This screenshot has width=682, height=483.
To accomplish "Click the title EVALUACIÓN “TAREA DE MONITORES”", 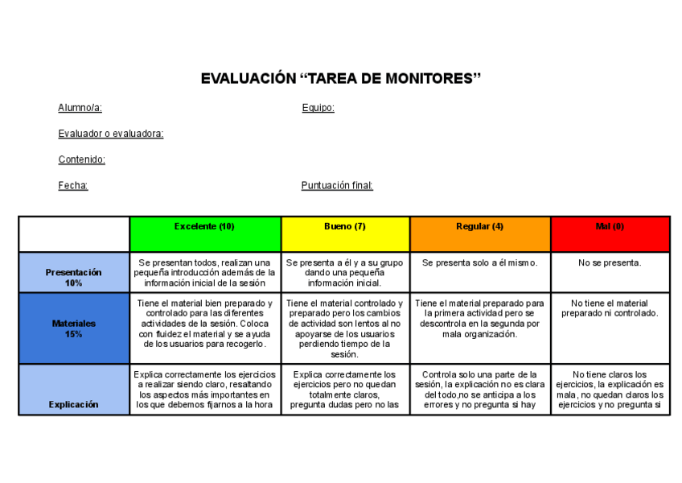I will [340, 79].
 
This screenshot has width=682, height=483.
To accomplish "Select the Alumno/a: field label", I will [80, 108].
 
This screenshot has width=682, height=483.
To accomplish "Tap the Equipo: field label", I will [318, 108].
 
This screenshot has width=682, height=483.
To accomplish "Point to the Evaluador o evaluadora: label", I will [110, 134].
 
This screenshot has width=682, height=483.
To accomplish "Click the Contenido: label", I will [81, 159].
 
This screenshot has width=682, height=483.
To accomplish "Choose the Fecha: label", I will [72, 185].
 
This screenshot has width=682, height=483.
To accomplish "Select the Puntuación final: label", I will [337, 185].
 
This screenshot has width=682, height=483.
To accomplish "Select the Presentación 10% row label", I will [74, 278].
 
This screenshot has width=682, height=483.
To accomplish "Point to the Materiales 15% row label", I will [74, 328].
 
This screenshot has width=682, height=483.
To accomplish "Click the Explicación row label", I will [74, 404].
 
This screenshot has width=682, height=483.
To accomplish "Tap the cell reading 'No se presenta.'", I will [610, 263].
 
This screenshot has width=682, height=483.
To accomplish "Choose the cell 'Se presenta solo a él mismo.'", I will [479, 263].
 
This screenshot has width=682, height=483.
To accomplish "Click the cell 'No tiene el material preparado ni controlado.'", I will [610, 308].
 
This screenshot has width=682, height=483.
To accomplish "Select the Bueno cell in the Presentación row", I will [345, 272].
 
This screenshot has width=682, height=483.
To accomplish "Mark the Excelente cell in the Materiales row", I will [204, 324].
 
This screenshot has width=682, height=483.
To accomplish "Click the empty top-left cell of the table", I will [74, 233].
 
